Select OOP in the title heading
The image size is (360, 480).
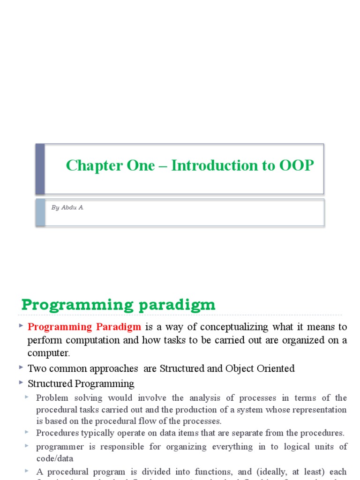(297, 165)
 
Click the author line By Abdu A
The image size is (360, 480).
(67, 208)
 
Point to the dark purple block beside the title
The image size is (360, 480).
(40, 169)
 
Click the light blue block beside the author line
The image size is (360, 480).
(40, 212)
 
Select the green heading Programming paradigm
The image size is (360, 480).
(118, 305)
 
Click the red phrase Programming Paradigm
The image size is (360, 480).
(84, 327)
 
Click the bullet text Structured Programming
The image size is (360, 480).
(81, 384)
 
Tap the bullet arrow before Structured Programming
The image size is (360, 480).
(21, 382)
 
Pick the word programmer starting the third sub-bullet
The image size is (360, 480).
(60, 447)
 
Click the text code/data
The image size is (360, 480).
(54, 458)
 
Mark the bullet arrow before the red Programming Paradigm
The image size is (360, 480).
(21, 325)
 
